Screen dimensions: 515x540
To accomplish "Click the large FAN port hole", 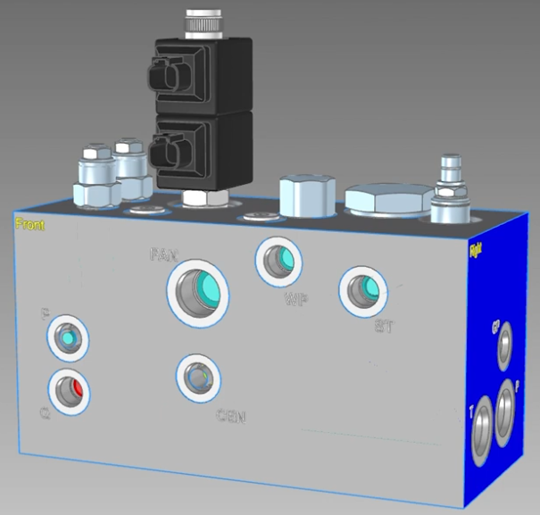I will pyautogui.click(x=197, y=292).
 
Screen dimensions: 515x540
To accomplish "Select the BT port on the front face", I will pyautogui.click(x=361, y=289).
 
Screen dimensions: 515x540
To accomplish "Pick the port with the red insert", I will pyautogui.click(x=69, y=390).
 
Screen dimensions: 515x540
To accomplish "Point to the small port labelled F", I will pyautogui.click(x=68, y=338).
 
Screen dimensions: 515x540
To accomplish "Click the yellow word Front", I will pyautogui.click(x=29, y=225).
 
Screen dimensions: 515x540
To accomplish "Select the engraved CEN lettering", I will pyautogui.click(x=230, y=416).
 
